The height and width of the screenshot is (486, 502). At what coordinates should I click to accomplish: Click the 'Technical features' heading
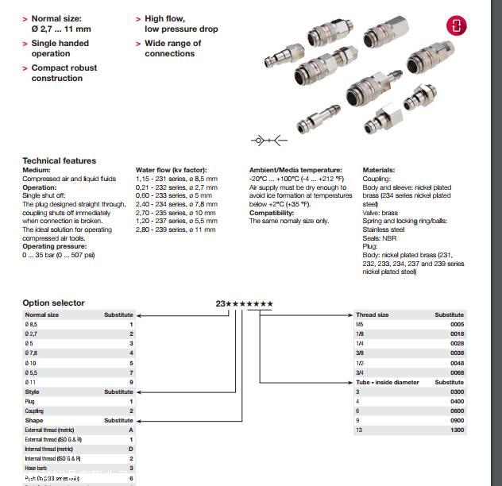pyautogui.click(x=59, y=161)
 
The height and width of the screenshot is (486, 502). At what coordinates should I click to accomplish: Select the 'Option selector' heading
pyautogui.click(x=53, y=303)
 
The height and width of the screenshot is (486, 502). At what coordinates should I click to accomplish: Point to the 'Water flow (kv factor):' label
pyautogui.click(x=171, y=170)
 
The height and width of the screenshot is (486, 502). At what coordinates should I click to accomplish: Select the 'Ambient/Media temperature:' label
pyautogui.click(x=295, y=170)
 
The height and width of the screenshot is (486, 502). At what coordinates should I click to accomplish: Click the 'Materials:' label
pyautogui.click(x=379, y=170)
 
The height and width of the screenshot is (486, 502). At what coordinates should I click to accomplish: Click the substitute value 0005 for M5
pyautogui.click(x=457, y=325)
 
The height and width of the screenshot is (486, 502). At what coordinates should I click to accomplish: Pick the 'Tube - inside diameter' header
pyautogui.click(x=387, y=382)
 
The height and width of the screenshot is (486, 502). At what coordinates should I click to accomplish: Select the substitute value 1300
pyautogui.click(x=457, y=430)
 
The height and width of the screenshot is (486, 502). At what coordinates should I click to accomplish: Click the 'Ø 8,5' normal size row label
pyautogui.click(x=32, y=325)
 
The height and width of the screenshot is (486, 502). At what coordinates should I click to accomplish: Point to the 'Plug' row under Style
pyautogui.click(x=32, y=401)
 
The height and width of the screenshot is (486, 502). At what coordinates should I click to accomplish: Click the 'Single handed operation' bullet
pyautogui.click(x=60, y=48)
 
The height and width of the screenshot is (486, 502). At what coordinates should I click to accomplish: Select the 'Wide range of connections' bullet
pyautogui.click(x=172, y=48)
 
